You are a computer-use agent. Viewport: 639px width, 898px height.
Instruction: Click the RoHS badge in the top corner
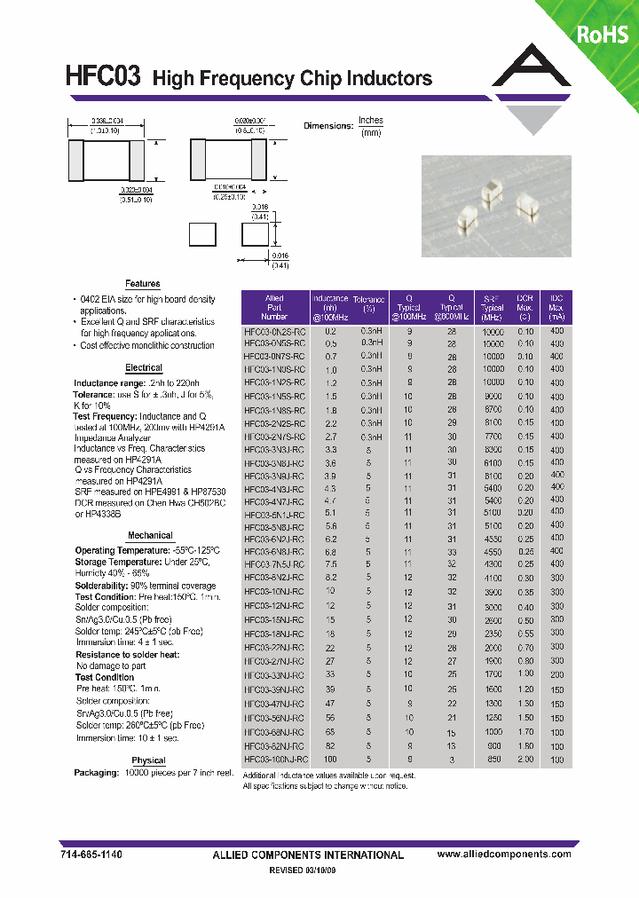tap(603, 35)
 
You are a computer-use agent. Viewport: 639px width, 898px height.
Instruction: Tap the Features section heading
tap(142, 284)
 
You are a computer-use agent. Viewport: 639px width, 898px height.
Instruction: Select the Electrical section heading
tap(144, 367)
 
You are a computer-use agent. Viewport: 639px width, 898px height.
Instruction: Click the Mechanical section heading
tap(150, 536)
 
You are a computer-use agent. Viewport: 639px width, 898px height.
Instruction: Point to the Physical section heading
tap(148, 760)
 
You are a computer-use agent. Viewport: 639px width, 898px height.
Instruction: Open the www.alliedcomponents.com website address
tap(505, 854)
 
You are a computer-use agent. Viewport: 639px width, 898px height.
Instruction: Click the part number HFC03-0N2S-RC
tap(274, 330)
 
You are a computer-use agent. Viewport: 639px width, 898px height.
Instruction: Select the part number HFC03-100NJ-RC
tap(276, 760)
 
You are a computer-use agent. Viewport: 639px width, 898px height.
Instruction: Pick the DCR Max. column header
tap(525, 307)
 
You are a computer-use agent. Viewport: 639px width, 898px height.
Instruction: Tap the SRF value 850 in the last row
tap(493, 760)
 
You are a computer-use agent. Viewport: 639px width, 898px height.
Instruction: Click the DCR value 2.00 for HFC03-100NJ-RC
tap(525, 760)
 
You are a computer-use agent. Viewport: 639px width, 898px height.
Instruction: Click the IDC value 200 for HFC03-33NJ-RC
tap(556, 675)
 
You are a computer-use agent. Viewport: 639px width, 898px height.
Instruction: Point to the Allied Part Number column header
tap(274, 307)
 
